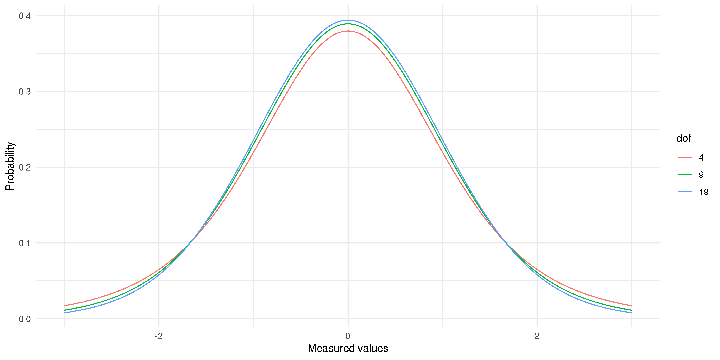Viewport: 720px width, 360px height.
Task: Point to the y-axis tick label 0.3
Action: point(25,92)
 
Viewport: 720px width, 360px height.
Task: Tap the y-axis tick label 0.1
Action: point(25,243)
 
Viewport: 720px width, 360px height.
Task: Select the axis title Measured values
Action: point(348,349)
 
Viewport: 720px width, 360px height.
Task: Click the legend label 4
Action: point(701,158)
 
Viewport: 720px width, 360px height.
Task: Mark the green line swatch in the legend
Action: point(685,175)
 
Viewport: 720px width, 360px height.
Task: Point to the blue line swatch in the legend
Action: point(685,192)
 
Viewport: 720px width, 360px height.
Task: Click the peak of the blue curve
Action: point(348,20)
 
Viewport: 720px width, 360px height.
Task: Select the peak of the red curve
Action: point(348,31)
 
